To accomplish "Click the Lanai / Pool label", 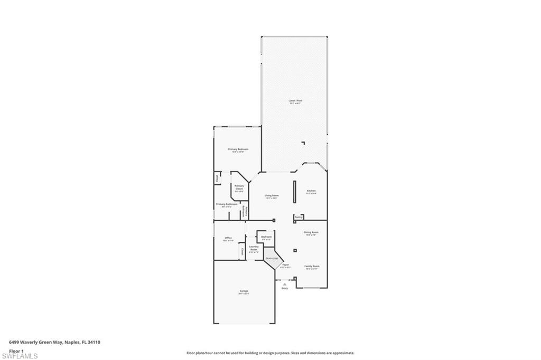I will coord(295,100).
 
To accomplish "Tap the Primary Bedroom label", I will coord(238,149).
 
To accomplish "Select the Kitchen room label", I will coord(311,191).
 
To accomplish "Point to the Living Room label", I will coord(272,195).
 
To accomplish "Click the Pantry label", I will coord(299,216).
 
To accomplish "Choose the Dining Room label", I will coord(311,232).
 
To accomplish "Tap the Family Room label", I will coord(312,266).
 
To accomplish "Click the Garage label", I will coord(244,291).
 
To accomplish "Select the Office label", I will coord(228,238).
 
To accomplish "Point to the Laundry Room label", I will coord(254,248).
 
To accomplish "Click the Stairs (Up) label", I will coord(272,258).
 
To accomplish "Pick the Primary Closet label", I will coord(239,187).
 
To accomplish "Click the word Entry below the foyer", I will coord(285,288).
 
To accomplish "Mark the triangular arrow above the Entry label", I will coord(285,284).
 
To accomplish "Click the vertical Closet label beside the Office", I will coord(242,251).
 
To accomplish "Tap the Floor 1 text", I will coord(16,350).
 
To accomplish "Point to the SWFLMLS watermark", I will coord(20,356).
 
